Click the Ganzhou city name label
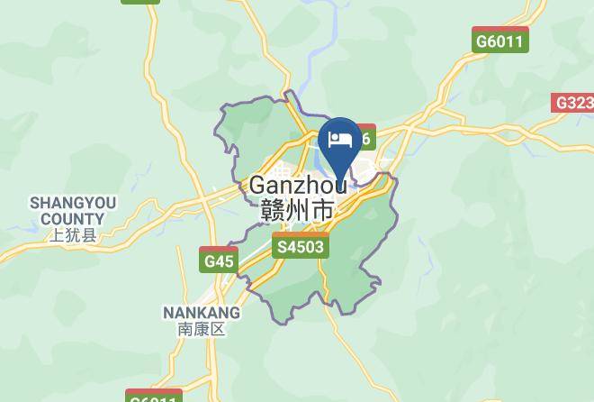coord(298,185)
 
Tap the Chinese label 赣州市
coord(297,211)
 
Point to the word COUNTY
coord(72,218)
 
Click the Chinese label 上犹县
coord(72,236)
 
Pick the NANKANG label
coord(201,313)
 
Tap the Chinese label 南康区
coord(201,330)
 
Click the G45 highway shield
coord(219,260)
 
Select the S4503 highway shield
coord(301,244)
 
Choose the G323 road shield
coord(573,102)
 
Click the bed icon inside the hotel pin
coord(340,139)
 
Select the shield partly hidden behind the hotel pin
coord(364,137)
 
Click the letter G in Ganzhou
coord(259,185)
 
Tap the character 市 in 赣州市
coord(322,211)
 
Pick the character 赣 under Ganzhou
coord(271,211)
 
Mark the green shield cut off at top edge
coord(141,3)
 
